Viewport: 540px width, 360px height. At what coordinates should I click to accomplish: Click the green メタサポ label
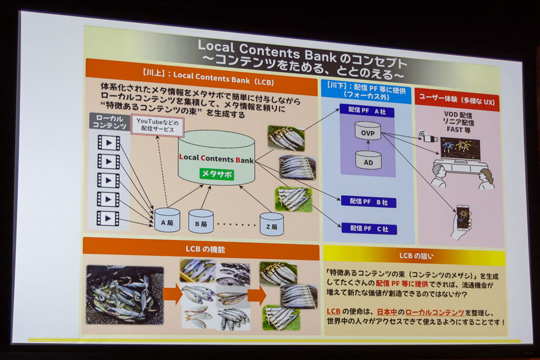click(216, 174)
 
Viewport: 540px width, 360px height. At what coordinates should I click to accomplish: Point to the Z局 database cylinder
click(271, 224)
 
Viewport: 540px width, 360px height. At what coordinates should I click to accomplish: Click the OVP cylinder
click(368, 131)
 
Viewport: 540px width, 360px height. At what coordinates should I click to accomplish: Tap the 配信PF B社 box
click(369, 202)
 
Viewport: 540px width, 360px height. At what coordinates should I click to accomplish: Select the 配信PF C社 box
click(369, 228)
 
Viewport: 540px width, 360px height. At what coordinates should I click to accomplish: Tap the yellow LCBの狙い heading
click(413, 255)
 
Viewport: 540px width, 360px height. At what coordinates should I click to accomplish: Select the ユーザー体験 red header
click(458, 101)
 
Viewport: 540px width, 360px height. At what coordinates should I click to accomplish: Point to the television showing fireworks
click(460, 149)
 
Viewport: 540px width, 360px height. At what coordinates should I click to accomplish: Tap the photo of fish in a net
click(124, 294)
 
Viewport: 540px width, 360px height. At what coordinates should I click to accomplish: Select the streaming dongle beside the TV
click(428, 137)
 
